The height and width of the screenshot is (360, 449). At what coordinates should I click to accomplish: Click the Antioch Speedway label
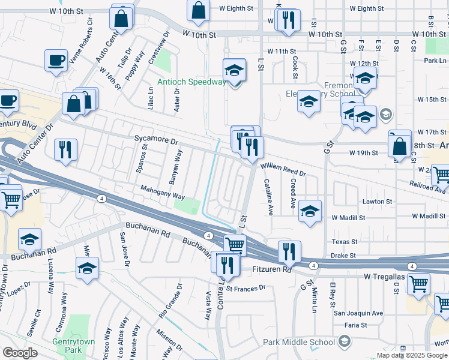(191, 82)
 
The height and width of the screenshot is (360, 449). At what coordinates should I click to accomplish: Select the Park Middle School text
(299, 342)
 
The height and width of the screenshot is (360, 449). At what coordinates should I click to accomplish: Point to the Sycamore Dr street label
(157, 142)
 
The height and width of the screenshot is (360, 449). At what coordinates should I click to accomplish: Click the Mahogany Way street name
(162, 196)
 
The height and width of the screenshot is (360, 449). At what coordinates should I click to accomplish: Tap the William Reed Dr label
(283, 169)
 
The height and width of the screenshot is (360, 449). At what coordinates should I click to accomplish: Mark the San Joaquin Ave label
(358, 313)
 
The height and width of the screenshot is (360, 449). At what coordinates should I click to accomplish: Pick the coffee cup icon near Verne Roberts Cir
(56, 59)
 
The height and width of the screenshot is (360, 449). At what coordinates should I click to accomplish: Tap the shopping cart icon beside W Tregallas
(418, 284)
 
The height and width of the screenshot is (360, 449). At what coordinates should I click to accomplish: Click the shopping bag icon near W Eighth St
(198, 10)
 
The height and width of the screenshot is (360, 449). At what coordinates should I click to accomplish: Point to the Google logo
(20, 352)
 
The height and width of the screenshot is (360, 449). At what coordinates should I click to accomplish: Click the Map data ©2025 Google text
(411, 355)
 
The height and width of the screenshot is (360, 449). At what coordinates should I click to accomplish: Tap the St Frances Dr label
(246, 288)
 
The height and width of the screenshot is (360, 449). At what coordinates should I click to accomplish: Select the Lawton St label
(377, 202)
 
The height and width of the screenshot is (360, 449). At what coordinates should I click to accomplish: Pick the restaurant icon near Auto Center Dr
(65, 149)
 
